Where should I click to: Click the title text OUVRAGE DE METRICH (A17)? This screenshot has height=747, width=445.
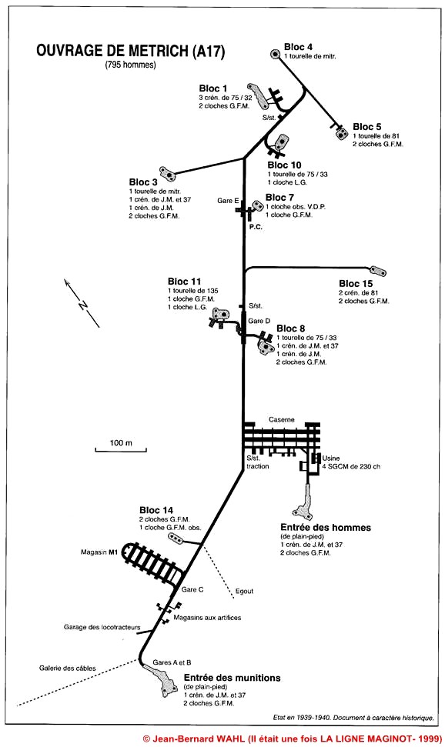(x=130, y=51)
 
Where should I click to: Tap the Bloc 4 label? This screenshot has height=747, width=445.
(x=298, y=47)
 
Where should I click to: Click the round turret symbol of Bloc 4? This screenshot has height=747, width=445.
(x=275, y=55)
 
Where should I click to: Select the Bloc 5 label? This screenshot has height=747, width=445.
(x=366, y=127)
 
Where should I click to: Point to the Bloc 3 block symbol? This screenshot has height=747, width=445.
(x=167, y=174)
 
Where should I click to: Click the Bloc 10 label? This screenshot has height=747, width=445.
(x=284, y=165)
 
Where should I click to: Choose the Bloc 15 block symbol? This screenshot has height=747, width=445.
(x=378, y=271)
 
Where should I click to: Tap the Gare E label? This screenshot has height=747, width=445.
(x=228, y=201)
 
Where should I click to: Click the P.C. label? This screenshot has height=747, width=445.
(x=256, y=227)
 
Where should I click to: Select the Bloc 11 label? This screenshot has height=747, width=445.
(x=184, y=282)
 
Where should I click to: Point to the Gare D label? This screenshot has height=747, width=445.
(x=259, y=321)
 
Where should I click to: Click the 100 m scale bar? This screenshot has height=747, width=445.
(x=121, y=449)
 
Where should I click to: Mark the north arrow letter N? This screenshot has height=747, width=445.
(x=82, y=305)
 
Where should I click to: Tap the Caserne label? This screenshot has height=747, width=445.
(x=282, y=420)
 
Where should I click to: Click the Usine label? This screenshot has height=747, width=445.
(x=331, y=458)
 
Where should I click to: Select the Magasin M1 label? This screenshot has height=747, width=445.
(x=99, y=552)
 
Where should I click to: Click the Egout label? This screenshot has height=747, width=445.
(x=244, y=592)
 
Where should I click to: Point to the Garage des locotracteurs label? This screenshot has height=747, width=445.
(x=102, y=627)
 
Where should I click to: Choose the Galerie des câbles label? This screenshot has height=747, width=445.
(x=67, y=668)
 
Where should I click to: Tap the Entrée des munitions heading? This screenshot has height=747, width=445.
(x=233, y=678)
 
